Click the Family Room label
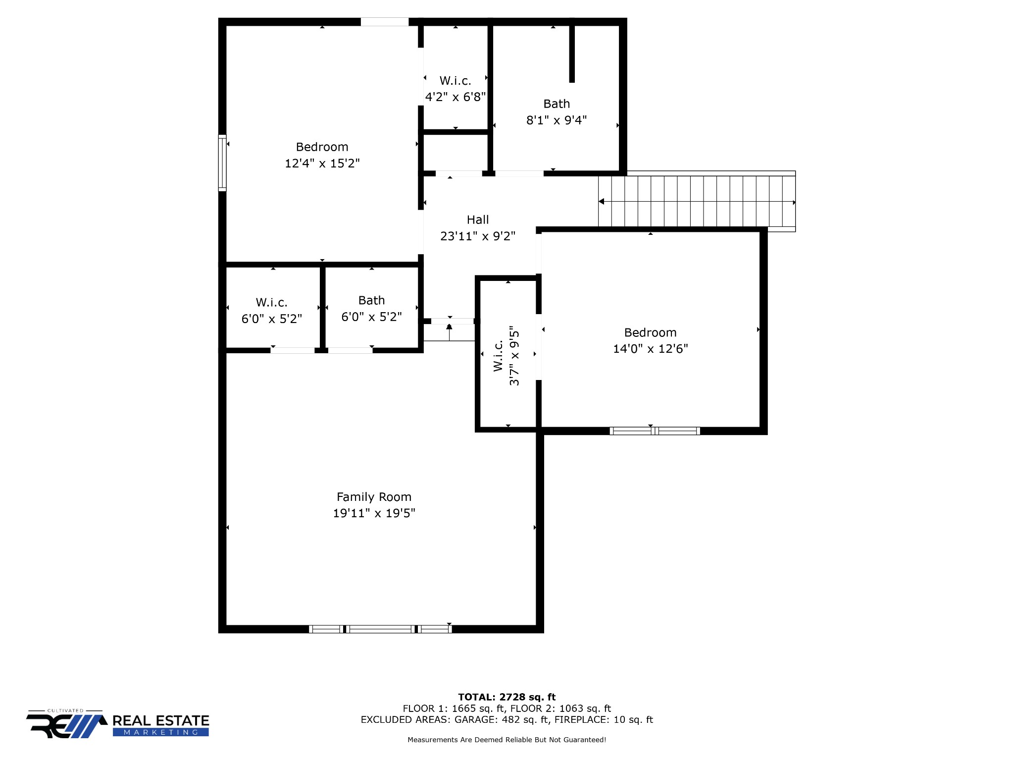374,497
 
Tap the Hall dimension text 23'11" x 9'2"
477,236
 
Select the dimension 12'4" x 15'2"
322,163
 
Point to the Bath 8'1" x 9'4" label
557,112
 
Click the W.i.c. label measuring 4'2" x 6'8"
455,88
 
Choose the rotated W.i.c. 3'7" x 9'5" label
507,355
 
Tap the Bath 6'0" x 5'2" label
371,308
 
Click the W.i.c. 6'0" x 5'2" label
271,310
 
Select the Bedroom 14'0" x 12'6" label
650,340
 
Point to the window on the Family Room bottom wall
380,629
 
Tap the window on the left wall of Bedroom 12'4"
222,163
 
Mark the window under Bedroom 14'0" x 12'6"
655,431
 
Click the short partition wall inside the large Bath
572,54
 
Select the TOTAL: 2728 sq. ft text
507,697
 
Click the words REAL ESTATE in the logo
160,720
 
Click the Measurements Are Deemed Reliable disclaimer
507,740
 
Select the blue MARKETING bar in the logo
160,732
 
